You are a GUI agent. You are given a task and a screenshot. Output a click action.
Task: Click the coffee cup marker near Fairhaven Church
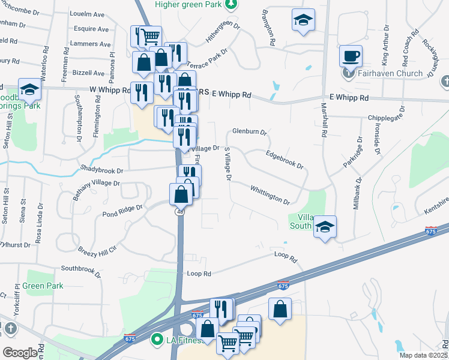[351, 56]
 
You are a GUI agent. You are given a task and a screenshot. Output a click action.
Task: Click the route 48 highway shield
[180, 212]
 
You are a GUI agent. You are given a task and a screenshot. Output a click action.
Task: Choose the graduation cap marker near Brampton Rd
[303, 20]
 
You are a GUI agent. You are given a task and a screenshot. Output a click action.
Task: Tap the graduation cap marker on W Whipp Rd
[29, 89]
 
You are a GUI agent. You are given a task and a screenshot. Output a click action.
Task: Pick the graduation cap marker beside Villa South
[325, 227]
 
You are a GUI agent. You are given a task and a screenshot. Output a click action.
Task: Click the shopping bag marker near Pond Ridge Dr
[181, 194]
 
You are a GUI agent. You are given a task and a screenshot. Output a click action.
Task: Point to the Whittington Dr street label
[270, 194]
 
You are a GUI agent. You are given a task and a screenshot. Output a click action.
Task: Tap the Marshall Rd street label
[324, 123]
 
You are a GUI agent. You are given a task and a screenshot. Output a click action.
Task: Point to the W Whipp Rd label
[110, 90]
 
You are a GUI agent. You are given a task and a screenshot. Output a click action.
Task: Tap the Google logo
[20, 353]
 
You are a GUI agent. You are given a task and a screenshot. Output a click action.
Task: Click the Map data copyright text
[423, 355]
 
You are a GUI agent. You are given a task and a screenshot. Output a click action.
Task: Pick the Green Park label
[43, 286]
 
